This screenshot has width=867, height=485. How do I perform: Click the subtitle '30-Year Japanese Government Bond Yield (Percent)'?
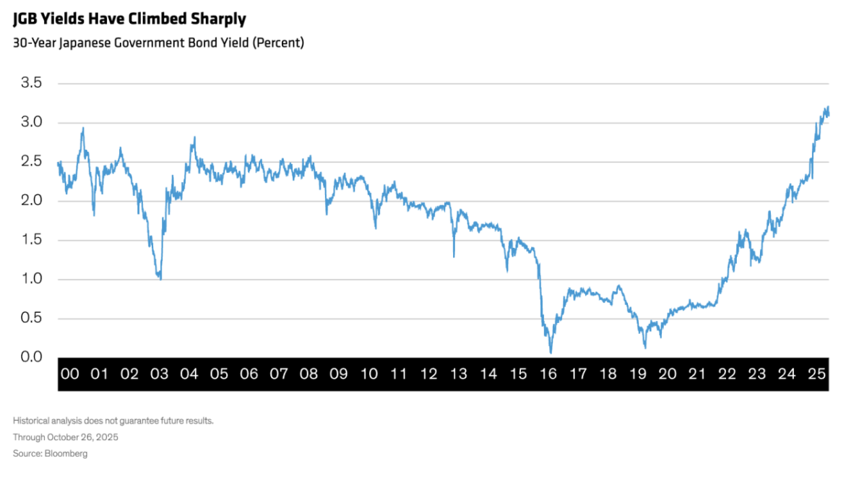[158, 43]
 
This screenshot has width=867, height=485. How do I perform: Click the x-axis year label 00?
[69, 374]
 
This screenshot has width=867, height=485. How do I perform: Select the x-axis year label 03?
[159, 374]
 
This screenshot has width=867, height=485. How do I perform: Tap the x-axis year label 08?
[309, 374]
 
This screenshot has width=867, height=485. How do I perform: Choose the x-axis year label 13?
[458, 374]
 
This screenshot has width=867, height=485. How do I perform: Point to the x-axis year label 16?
[548, 374]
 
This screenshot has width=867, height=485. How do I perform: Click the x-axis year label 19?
[637, 374]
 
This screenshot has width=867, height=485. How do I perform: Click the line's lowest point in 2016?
[551, 353]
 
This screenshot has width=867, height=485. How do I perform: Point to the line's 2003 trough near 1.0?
[160, 278]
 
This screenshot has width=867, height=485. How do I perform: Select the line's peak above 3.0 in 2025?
[827, 107]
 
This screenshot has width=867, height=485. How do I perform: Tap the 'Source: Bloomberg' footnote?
[50, 453]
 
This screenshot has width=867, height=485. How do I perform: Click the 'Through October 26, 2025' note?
[66, 437]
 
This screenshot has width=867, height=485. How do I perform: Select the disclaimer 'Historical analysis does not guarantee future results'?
[113, 421]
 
